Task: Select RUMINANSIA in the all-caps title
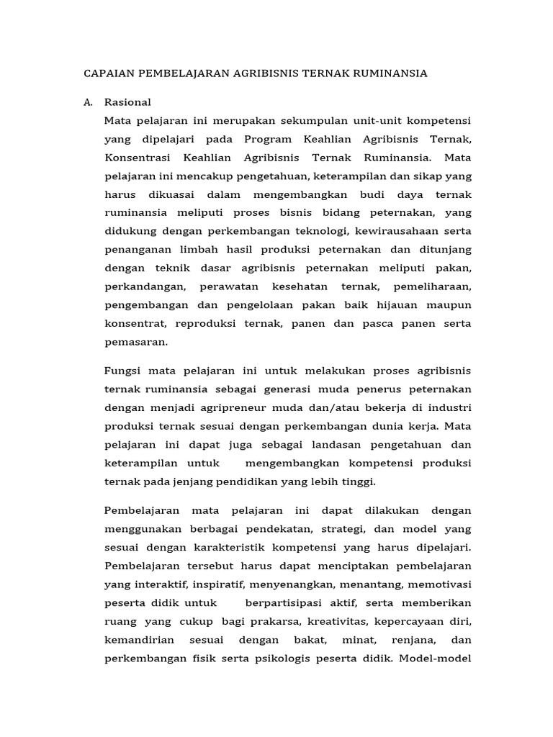390,73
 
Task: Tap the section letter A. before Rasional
89,102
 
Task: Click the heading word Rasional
127,102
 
